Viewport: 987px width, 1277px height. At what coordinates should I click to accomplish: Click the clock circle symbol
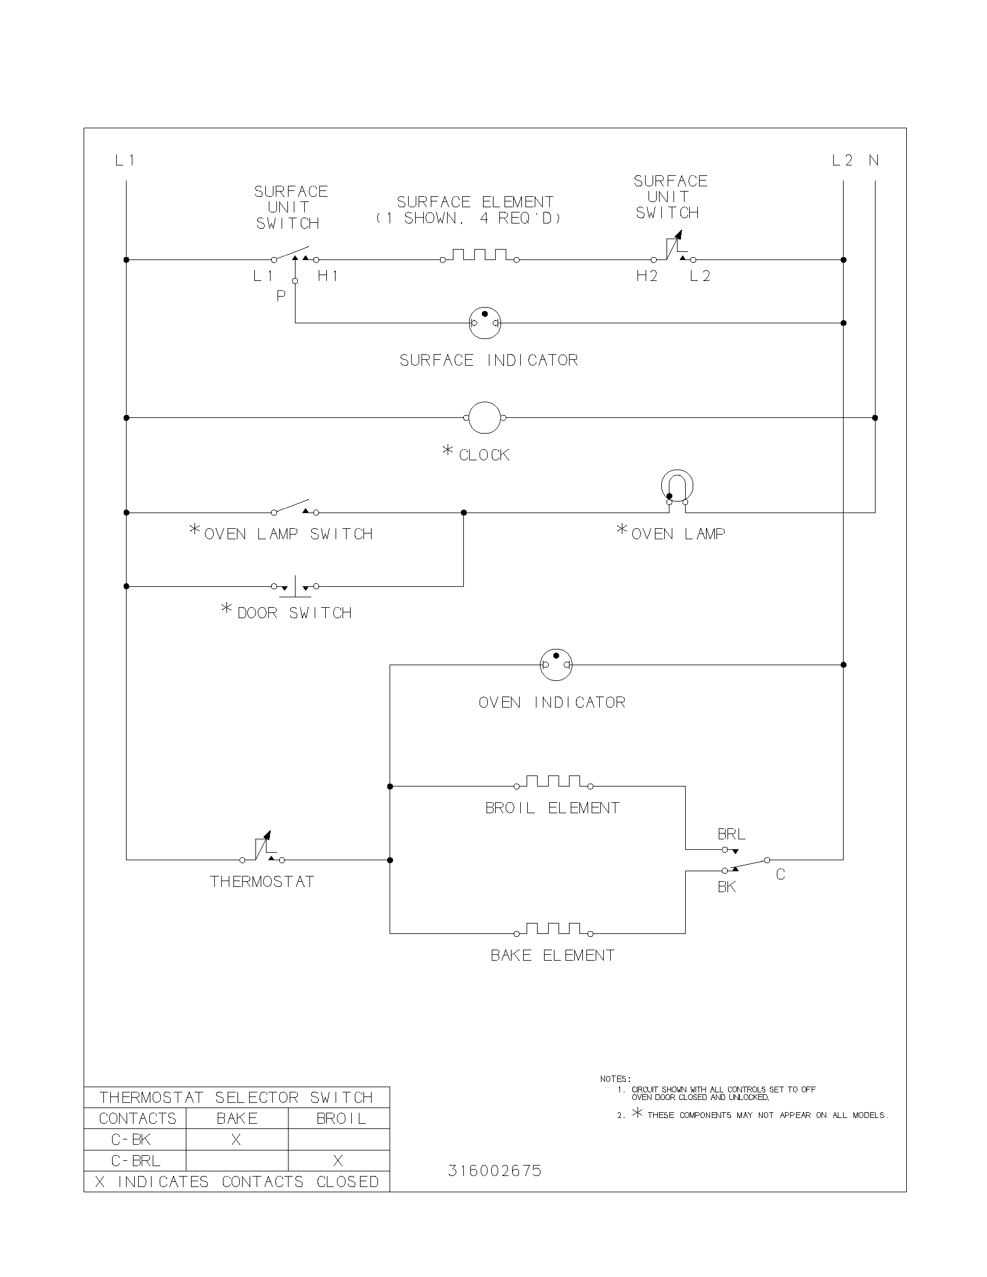tap(485, 418)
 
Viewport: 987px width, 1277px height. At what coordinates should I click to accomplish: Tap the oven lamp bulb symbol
tap(677, 486)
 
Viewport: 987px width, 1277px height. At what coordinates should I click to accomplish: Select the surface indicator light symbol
tap(485, 322)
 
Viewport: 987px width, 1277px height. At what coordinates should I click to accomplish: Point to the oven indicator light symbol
tap(556, 665)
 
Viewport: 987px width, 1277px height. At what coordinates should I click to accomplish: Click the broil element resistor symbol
tap(553, 782)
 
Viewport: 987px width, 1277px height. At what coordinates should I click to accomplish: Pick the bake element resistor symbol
tap(553, 929)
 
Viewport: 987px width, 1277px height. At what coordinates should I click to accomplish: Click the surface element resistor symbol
tap(480, 255)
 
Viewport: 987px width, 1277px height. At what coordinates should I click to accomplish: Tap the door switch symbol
tap(295, 586)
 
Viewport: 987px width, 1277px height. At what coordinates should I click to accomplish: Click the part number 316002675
tap(495, 1171)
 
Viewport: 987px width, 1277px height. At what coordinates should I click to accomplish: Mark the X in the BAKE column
tap(236, 1139)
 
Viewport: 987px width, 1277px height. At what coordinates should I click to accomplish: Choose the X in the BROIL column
tap(338, 1161)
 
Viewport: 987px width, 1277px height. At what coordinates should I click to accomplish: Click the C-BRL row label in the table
tap(136, 1161)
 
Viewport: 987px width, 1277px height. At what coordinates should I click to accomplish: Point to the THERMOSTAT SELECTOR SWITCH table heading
tap(236, 1098)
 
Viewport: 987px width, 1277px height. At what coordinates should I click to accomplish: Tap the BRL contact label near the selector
tap(732, 834)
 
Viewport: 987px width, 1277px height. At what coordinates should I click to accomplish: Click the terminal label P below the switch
tap(281, 296)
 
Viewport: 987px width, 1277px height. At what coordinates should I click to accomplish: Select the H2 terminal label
tap(647, 276)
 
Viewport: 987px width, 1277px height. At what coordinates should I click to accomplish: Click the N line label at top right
tap(874, 160)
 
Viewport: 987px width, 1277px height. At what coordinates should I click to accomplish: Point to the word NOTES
tap(615, 1080)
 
